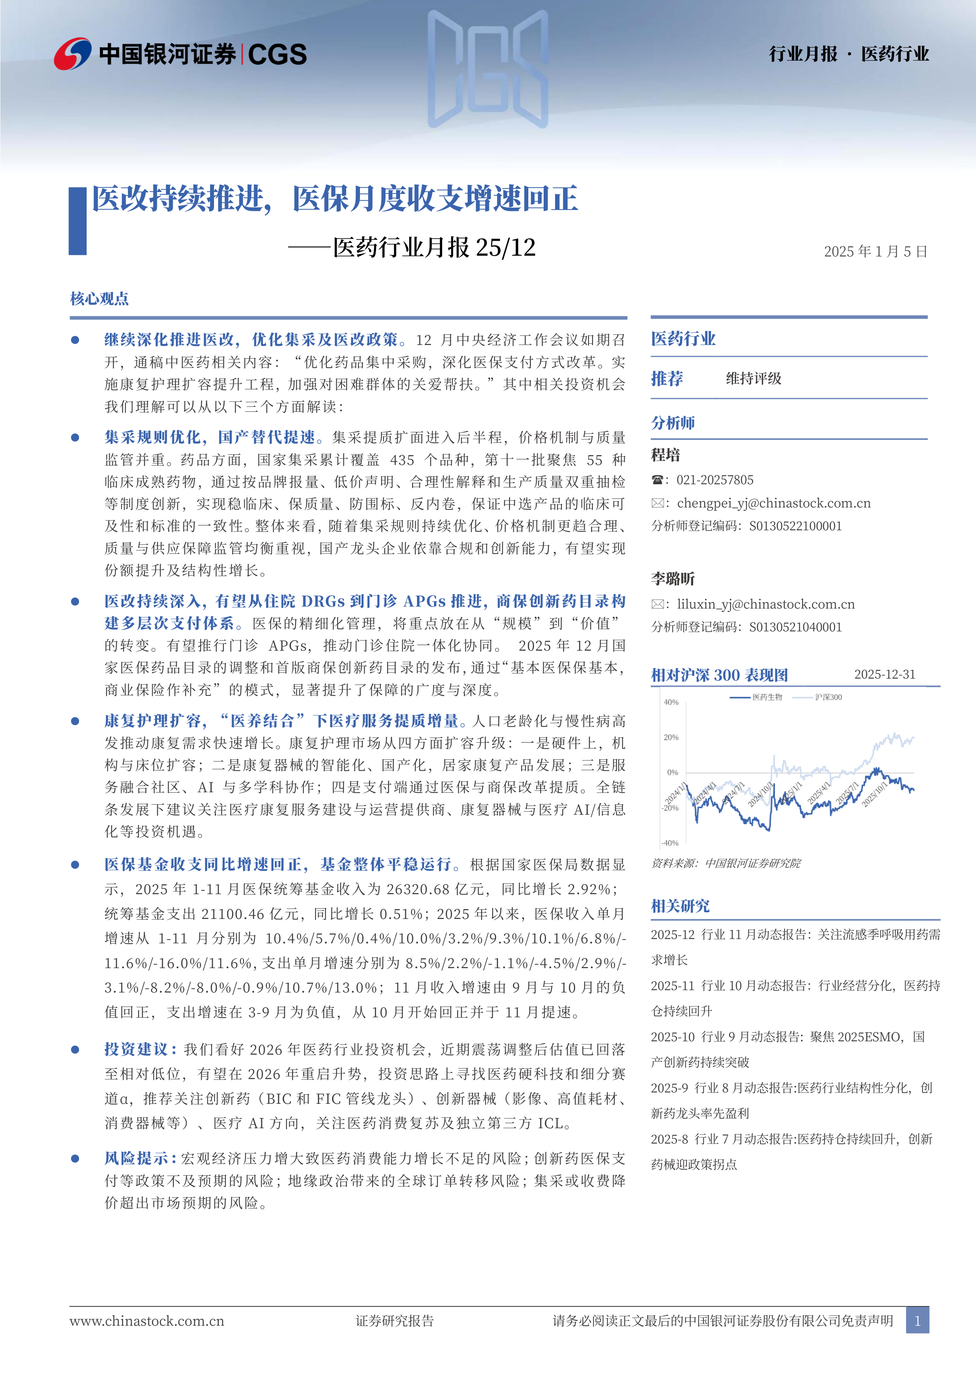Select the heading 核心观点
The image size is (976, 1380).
click(99, 299)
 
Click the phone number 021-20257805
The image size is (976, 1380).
click(714, 480)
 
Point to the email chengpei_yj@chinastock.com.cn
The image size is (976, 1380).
click(773, 503)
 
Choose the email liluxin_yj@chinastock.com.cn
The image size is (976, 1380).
click(766, 604)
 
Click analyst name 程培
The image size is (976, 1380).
click(665, 455)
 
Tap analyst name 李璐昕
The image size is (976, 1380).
click(673, 579)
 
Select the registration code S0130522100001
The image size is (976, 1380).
click(795, 526)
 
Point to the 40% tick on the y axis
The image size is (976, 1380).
click(671, 702)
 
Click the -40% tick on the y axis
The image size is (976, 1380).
click(670, 843)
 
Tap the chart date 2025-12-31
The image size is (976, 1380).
click(885, 674)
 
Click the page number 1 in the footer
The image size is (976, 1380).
click(917, 1321)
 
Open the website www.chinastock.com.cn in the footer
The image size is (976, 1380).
click(147, 1321)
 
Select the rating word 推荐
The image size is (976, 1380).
click(667, 379)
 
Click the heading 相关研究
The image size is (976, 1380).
click(680, 906)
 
